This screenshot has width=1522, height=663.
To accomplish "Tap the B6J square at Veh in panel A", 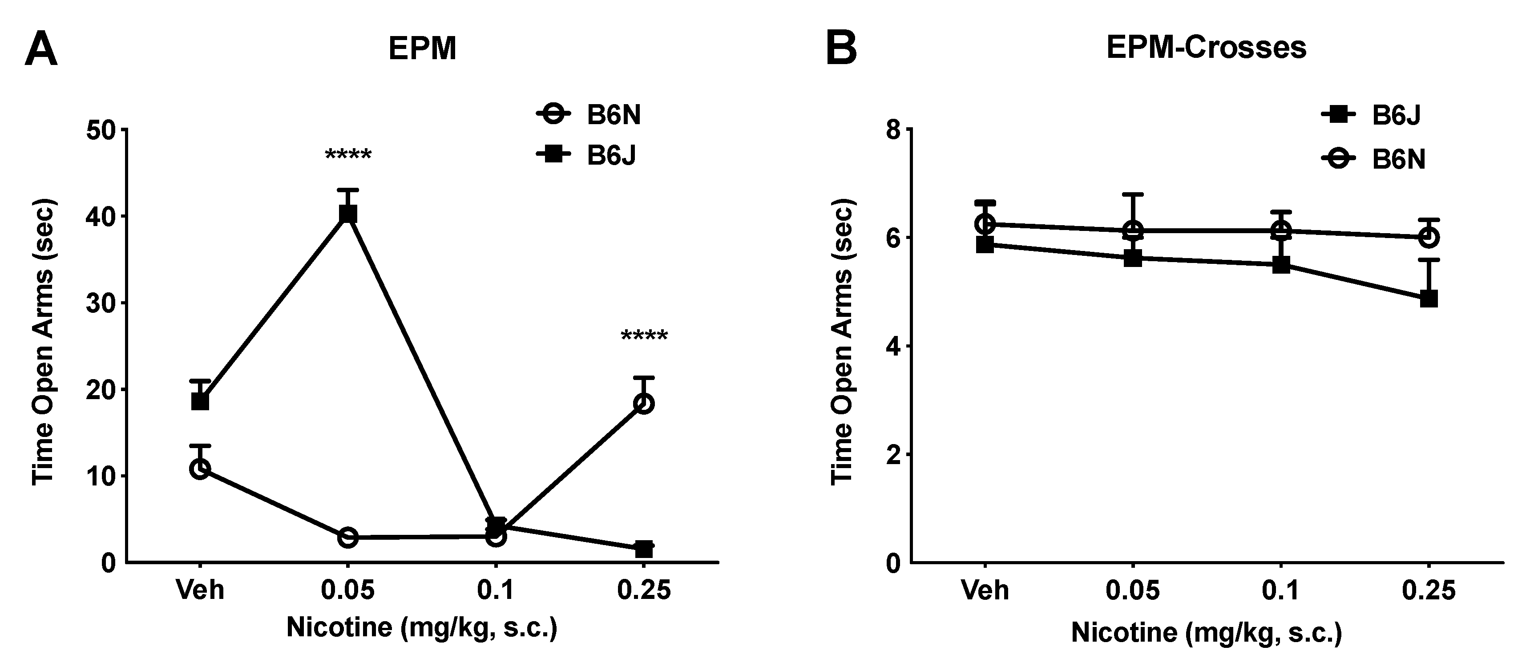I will [x=200, y=402].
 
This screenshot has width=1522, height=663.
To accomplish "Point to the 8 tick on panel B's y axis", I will [x=893, y=130].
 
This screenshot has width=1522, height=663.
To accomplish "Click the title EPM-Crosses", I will [x=1206, y=47].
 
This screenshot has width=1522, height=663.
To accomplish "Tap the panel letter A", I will [x=41, y=50].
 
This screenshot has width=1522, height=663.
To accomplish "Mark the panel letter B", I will [x=841, y=50].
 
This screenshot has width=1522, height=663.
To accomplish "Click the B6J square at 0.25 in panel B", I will [x=1428, y=299].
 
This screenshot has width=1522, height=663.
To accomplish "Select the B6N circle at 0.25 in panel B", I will [x=1428, y=238].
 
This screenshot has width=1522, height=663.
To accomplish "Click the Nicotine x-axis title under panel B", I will [x=1206, y=632].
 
